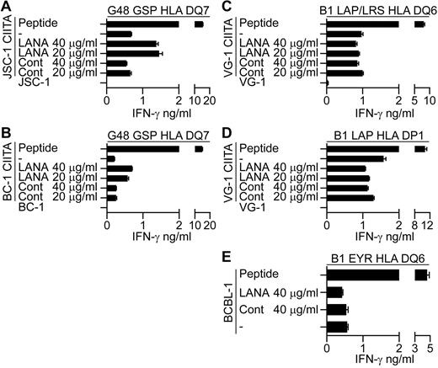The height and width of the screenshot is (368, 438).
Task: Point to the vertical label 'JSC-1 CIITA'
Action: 7,50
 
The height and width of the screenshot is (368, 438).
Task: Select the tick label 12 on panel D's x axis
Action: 429,226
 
